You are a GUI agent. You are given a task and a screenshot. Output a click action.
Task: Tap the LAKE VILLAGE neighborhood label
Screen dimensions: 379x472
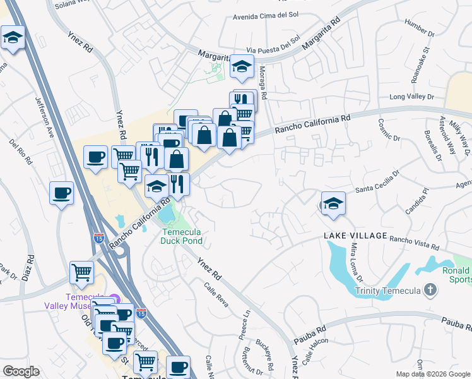click(355, 236)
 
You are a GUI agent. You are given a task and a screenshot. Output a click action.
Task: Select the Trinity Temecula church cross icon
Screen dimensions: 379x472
click(430, 291)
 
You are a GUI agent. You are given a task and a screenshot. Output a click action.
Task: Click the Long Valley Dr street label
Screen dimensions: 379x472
click(411, 97)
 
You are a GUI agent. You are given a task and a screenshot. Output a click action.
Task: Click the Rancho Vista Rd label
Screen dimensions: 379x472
click(414, 240)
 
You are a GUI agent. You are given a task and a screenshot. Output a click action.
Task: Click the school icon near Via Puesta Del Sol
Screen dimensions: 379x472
click(241, 66)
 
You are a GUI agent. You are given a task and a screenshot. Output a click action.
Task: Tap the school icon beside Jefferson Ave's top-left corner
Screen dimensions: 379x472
click(13, 38)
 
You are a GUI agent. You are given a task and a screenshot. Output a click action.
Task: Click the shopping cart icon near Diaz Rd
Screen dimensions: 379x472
click(81, 272)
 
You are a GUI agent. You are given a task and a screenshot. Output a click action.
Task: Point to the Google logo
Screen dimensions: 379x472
click(21, 371)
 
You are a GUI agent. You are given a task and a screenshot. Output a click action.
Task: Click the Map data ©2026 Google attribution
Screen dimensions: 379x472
click(432, 374)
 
